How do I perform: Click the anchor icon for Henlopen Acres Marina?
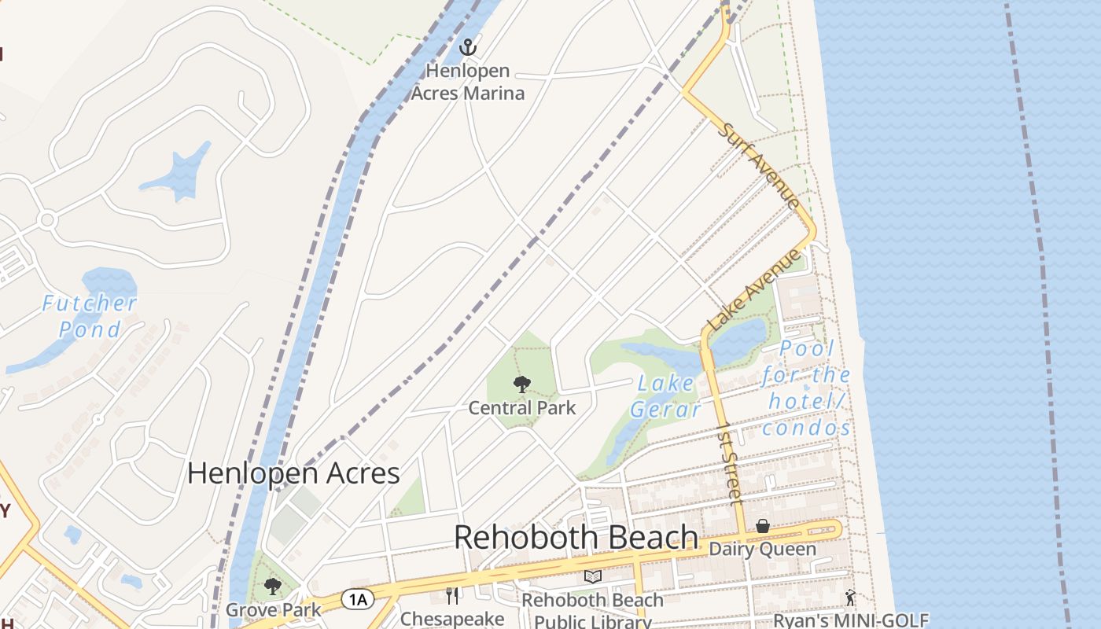coord(468,47)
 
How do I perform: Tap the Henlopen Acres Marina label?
coord(468,82)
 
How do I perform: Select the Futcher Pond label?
coord(90,315)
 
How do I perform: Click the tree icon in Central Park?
coord(521,384)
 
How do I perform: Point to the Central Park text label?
coord(522,408)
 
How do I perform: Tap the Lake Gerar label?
coord(665,396)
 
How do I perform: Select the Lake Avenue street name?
coord(753,289)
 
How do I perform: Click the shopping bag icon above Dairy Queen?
coord(762,526)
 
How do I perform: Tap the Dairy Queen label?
coord(762,549)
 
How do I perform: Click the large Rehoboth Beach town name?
coord(576,537)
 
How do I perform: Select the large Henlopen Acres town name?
coord(293,473)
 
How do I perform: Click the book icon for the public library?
coord(593,577)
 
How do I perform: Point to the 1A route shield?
coord(357,600)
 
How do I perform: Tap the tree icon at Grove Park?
coord(273,587)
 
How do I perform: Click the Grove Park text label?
coord(273,609)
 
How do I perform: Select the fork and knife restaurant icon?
coord(452,595)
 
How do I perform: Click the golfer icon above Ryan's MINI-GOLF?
coord(850,598)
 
